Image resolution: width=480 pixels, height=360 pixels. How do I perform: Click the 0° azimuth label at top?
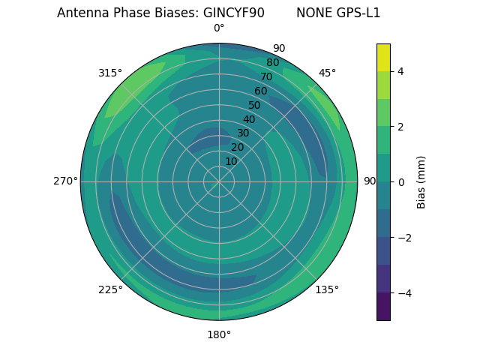pos(219,28)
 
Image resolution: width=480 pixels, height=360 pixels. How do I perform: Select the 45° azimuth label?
pos(327,73)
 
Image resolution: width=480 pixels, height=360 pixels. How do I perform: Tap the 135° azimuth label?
pos(327,289)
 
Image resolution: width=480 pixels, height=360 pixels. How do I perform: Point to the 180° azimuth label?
pos(219,334)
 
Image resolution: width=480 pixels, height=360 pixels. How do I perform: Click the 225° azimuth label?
pos(110,290)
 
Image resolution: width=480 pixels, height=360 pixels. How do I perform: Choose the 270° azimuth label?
pos(65,181)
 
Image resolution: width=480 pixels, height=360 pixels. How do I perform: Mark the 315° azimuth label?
pos(110,73)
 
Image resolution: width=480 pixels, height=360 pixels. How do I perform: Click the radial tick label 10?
pos(231,161)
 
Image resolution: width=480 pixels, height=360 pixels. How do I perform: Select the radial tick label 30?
pos(243,133)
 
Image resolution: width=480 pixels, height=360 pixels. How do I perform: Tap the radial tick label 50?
pos(254,106)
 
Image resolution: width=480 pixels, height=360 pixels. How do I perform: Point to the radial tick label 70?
pos(266,77)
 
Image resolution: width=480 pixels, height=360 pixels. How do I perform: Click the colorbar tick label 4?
pos(400,71)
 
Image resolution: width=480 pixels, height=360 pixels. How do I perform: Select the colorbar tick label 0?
pos(400,182)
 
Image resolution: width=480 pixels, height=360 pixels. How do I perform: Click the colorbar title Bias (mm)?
pos(421,182)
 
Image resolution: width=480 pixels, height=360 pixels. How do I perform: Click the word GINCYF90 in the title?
pos(233,13)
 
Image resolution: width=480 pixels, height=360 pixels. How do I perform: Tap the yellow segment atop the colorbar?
pos(383,57)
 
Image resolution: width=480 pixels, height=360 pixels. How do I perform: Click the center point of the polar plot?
pos(219,181)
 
